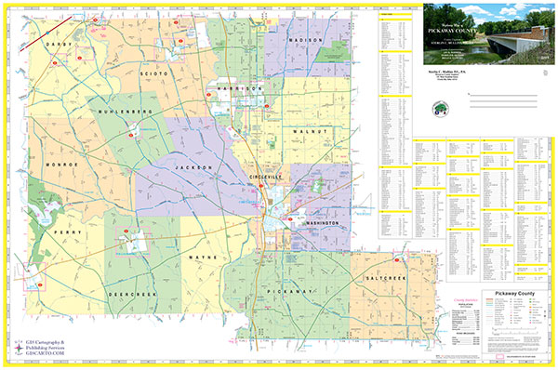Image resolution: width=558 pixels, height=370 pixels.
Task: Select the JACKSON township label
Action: click(x=193, y=167)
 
